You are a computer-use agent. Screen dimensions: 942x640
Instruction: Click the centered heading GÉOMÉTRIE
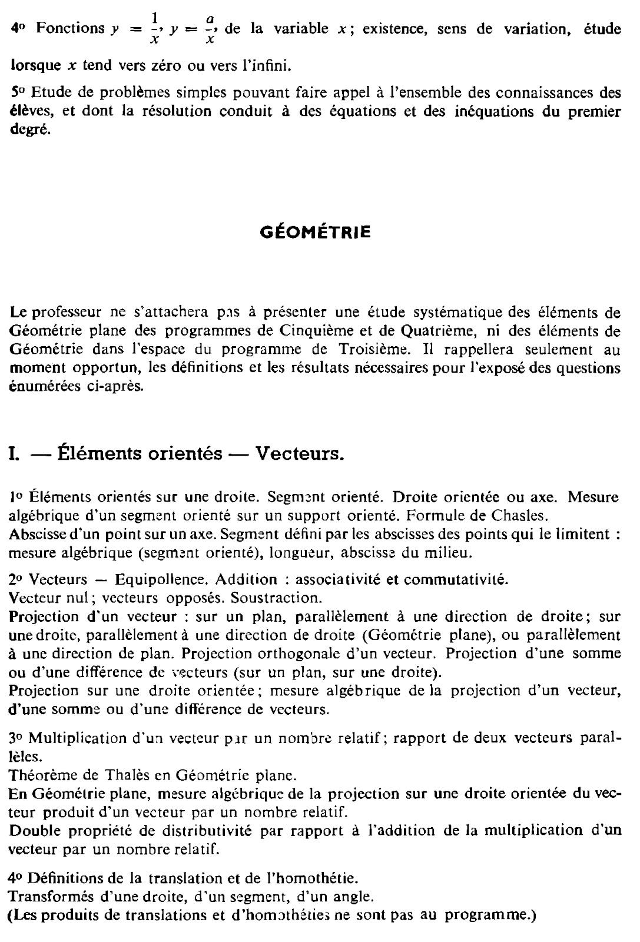point(316,233)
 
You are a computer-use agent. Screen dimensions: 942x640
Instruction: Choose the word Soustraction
point(276,598)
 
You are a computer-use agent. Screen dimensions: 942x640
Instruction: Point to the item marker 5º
point(18,93)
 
